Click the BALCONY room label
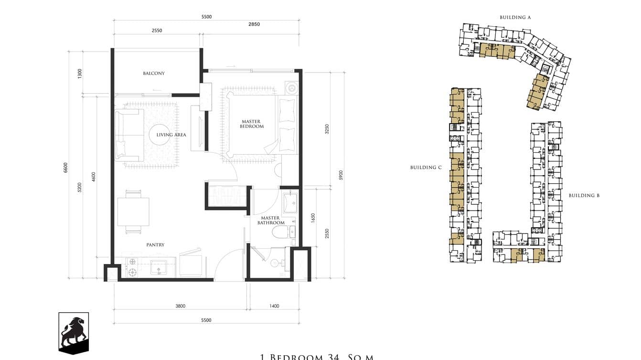click(x=154, y=74)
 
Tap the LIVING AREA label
click(x=171, y=135)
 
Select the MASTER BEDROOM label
click(x=252, y=124)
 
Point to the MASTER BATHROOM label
click(x=271, y=221)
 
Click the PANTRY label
click(x=155, y=245)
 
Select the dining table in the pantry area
click(x=133, y=212)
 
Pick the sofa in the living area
click(x=128, y=135)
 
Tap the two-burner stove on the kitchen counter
click(x=131, y=267)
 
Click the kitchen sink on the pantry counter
click(x=159, y=267)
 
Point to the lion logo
click(x=74, y=332)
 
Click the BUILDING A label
click(x=515, y=18)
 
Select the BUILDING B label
click(x=584, y=196)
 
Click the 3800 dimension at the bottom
click(x=180, y=306)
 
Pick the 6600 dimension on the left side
click(x=66, y=167)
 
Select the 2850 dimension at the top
click(x=254, y=24)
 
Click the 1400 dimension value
click(x=274, y=306)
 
